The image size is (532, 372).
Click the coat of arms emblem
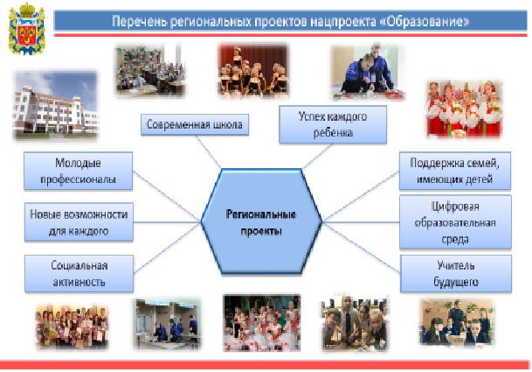26,29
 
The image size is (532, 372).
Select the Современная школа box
195,124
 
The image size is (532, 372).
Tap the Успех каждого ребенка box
333,124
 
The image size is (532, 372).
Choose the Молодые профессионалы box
78,171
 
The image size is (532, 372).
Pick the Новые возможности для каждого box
79,222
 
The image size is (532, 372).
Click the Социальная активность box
79,274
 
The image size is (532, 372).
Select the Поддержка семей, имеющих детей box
454,171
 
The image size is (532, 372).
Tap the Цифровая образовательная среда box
455,222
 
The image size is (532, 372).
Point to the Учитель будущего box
456,274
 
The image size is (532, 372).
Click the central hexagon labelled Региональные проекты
261,221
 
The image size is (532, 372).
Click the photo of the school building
56,105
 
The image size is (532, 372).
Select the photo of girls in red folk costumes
464,109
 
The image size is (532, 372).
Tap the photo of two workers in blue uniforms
368,72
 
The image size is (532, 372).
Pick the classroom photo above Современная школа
150,71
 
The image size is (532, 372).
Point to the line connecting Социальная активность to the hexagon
167,248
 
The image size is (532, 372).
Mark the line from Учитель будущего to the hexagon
361,248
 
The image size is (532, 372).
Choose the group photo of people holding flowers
72,326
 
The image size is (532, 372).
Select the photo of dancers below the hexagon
261,323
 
